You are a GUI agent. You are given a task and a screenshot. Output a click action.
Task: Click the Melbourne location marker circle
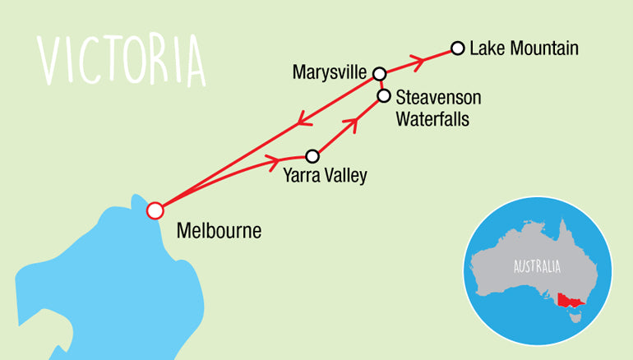154,210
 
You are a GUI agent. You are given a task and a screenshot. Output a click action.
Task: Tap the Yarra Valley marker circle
312,156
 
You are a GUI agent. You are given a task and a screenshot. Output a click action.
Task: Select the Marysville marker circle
379,74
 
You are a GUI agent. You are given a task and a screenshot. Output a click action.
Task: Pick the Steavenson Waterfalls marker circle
383,96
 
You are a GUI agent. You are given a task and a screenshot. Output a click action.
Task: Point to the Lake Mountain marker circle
457,48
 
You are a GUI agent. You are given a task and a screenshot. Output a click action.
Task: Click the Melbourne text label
219,231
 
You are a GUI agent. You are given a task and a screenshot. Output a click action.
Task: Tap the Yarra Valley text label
325,175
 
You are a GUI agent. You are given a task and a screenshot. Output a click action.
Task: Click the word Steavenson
438,97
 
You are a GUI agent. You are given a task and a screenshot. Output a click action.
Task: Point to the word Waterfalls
432,118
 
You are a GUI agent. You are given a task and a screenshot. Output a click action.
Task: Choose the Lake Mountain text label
524,48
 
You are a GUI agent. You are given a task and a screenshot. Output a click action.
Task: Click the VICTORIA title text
122,60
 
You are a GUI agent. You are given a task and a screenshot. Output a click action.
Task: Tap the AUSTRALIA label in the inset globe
537,266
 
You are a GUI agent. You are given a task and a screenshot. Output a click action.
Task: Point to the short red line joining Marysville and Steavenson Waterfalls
381,85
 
